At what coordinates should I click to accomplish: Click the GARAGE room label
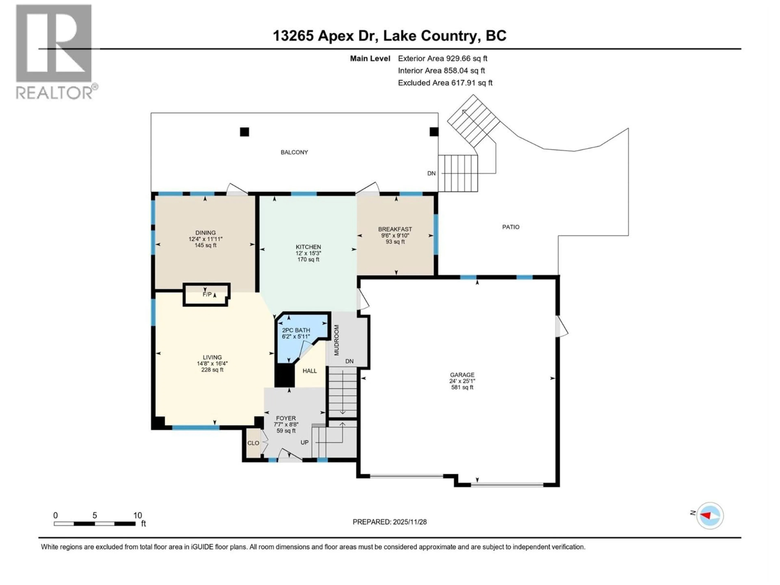[x=462, y=375]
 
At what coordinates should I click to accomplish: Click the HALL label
[x=310, y=371]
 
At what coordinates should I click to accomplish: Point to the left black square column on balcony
[x=244, y=132]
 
